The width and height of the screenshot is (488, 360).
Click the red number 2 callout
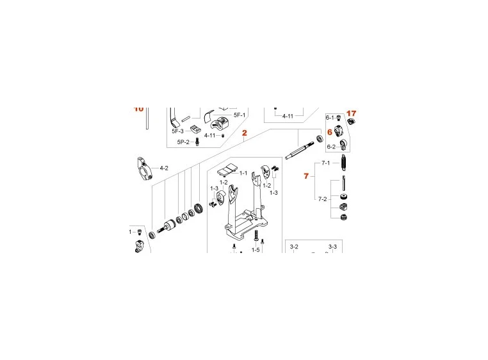point(244,133)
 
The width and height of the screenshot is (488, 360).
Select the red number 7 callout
point(306,175)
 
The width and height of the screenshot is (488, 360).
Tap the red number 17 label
point(351,113)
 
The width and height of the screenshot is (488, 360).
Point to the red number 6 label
point(330,132)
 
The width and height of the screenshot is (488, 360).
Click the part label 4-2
point(164,168)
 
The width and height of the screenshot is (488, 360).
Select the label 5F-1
point(240,115)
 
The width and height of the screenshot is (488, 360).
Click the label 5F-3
point(177,131)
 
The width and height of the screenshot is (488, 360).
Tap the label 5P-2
point(183,142)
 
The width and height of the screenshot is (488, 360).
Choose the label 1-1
point(243,173)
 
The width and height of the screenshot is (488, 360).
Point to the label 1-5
point(256,250)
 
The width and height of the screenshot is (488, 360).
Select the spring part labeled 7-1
point(345,165)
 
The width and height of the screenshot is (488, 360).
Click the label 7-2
point(323,199)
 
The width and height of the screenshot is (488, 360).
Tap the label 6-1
point(330,118)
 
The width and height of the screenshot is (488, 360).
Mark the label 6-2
point(331,147)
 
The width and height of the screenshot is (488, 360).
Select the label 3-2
point(295,247)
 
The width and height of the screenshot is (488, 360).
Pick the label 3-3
point(332,247)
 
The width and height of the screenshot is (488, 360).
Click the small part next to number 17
point(352,122)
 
